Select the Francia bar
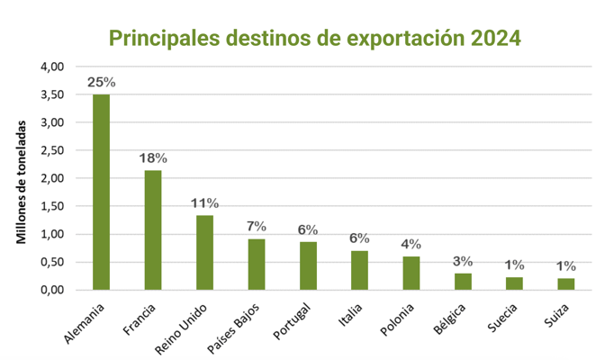[153, 229]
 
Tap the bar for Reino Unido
[204, 252]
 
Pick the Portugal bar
[308, 265]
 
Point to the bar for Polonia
[411, 273]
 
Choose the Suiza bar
[566, 283]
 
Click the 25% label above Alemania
[101, 83]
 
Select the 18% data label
[153, 158]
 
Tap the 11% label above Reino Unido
[204, 203]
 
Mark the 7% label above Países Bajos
[257, 226]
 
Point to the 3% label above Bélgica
[463, 262]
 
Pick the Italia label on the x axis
[348, 315]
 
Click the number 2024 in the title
[490, 38]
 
